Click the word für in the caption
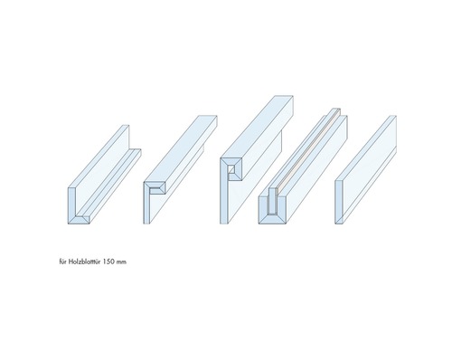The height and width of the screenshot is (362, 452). click(63, 262)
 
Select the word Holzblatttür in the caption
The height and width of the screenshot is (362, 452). click(85, 262)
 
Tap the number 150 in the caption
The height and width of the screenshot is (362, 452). click(108, 262)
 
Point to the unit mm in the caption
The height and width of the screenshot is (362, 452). click(121, 262)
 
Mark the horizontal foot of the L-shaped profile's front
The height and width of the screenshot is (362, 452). click(79, 220)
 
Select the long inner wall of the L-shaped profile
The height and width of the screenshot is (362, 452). click(102, 170)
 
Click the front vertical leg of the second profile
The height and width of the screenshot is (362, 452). click(146, 205)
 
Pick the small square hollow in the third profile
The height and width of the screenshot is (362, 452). click(231, 169)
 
